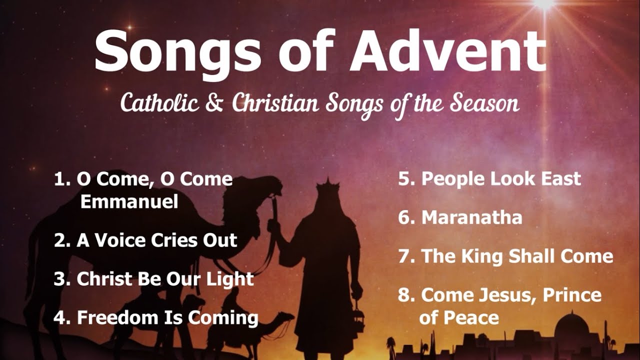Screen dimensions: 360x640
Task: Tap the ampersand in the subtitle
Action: [x=218, y=103]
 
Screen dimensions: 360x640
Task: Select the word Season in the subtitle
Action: [x=484, y=103]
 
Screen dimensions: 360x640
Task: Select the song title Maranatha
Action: [x=472, y=217]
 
